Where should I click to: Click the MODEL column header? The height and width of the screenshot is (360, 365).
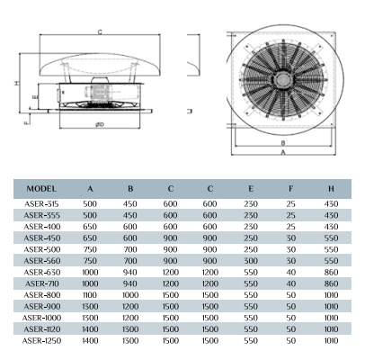click(41, 189)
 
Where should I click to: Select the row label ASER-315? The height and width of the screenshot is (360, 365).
click(41, 204)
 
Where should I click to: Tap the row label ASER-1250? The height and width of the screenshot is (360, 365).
click(41, 341)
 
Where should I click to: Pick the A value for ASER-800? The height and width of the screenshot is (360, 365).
click(90, 295)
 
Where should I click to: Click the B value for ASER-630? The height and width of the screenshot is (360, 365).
click(130, 273)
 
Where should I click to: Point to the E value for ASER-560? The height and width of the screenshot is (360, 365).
click(251, 261)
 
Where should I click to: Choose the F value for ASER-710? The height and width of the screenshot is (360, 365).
click(291, 283)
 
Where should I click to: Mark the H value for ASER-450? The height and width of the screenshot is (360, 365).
click(331, 238)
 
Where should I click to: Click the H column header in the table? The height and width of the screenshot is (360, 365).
click(331, 189)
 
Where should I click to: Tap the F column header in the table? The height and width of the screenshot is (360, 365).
click(291, 189)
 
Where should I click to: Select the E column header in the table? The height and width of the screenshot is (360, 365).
click(251, 189)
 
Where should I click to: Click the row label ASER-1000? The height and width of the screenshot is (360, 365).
click(41, 318)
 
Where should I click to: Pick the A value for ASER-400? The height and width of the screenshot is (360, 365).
click(90, 227)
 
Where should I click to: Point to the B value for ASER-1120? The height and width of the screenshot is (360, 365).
click(130, 329)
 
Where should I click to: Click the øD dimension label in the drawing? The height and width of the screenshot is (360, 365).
click(100, 124)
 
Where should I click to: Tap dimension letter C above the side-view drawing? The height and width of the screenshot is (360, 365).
click(100, 32)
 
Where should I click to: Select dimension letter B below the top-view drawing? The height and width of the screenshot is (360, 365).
click(283, 143)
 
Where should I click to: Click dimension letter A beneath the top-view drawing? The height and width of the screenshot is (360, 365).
click(283, 152)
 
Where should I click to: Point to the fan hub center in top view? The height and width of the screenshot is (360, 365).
click(282, 79)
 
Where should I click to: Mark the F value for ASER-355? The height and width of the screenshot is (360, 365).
click(291, 215)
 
